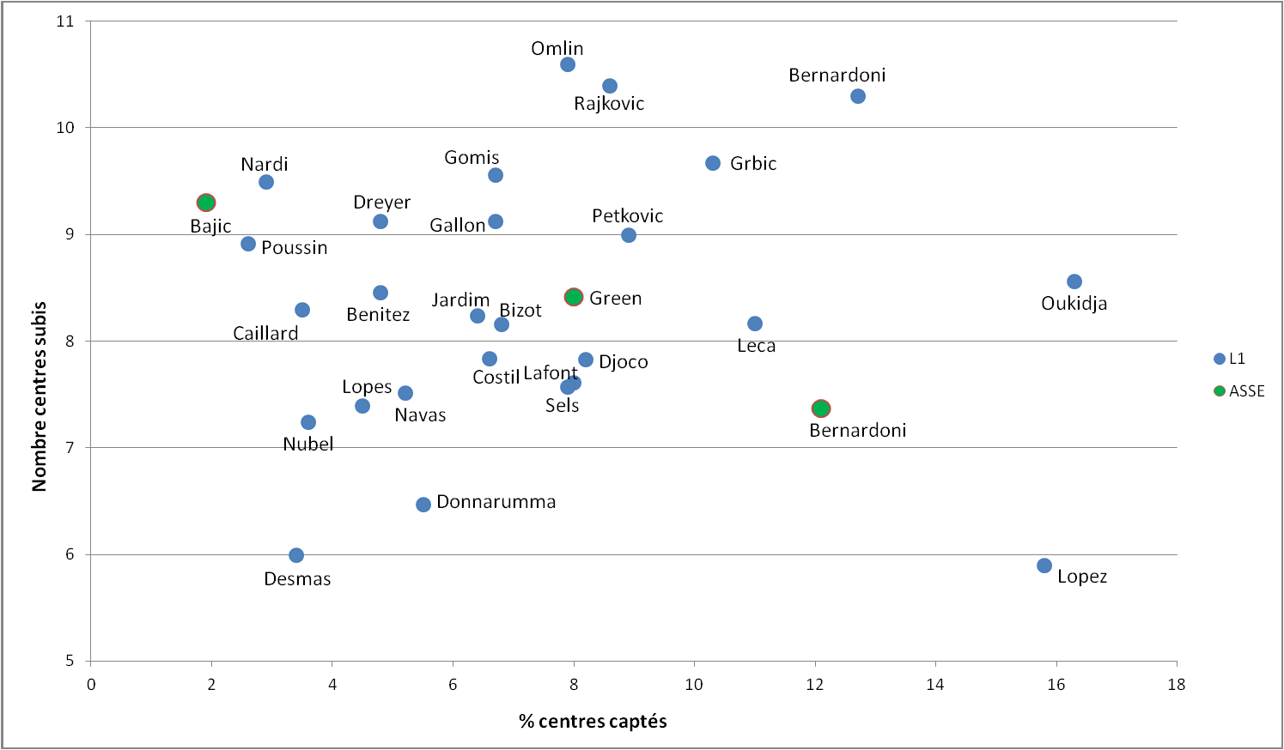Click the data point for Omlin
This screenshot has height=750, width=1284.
[568, 65]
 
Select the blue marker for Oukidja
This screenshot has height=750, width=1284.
[1074, 282]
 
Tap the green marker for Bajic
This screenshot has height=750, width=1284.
[206, 203]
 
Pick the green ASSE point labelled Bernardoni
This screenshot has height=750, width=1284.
[821, 409]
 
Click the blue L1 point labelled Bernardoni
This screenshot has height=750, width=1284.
[858, 97]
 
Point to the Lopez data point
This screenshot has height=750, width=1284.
[1044, 566]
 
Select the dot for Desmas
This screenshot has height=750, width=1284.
[296, 556]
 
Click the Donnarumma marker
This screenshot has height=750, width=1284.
[423, 505]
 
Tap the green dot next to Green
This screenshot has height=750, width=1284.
[574, 298]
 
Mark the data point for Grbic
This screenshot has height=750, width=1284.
[713, 164]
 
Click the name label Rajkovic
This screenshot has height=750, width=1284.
[609, 104]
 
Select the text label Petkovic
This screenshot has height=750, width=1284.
[627, 216]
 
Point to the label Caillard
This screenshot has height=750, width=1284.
[265, 334]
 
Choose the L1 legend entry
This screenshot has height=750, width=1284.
[1231, 359]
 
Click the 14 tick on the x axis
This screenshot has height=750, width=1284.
[935, 685]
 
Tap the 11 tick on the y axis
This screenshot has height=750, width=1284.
[65, 21]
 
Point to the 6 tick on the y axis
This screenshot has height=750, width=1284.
[70, 555]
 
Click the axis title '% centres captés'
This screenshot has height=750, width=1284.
[593, 722]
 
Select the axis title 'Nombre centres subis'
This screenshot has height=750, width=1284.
[40, 396]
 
